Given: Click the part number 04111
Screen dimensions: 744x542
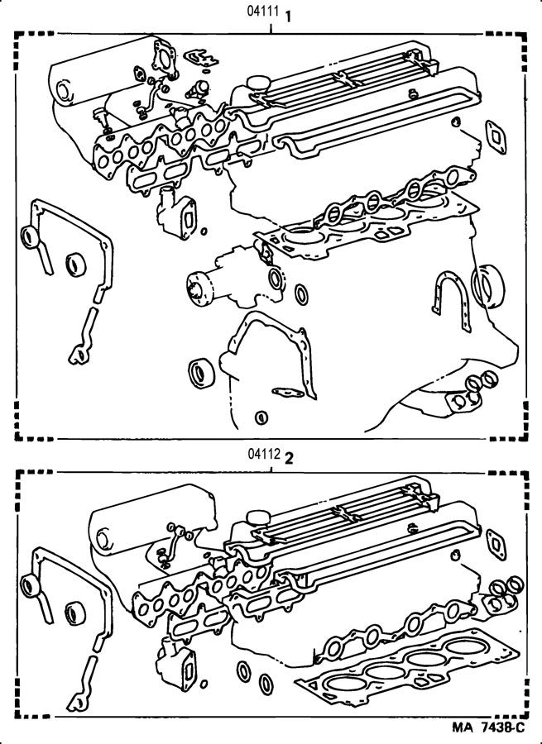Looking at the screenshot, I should click(x=263, y=13).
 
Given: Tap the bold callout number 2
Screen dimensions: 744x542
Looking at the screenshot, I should click(x=289, y=455).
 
